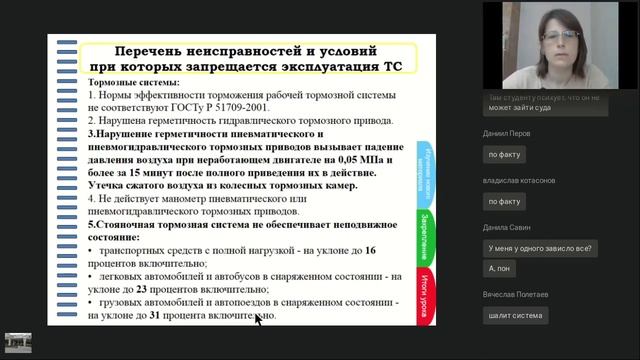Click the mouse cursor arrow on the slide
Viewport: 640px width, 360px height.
point(258,320)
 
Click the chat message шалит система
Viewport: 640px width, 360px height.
point(515,315)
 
